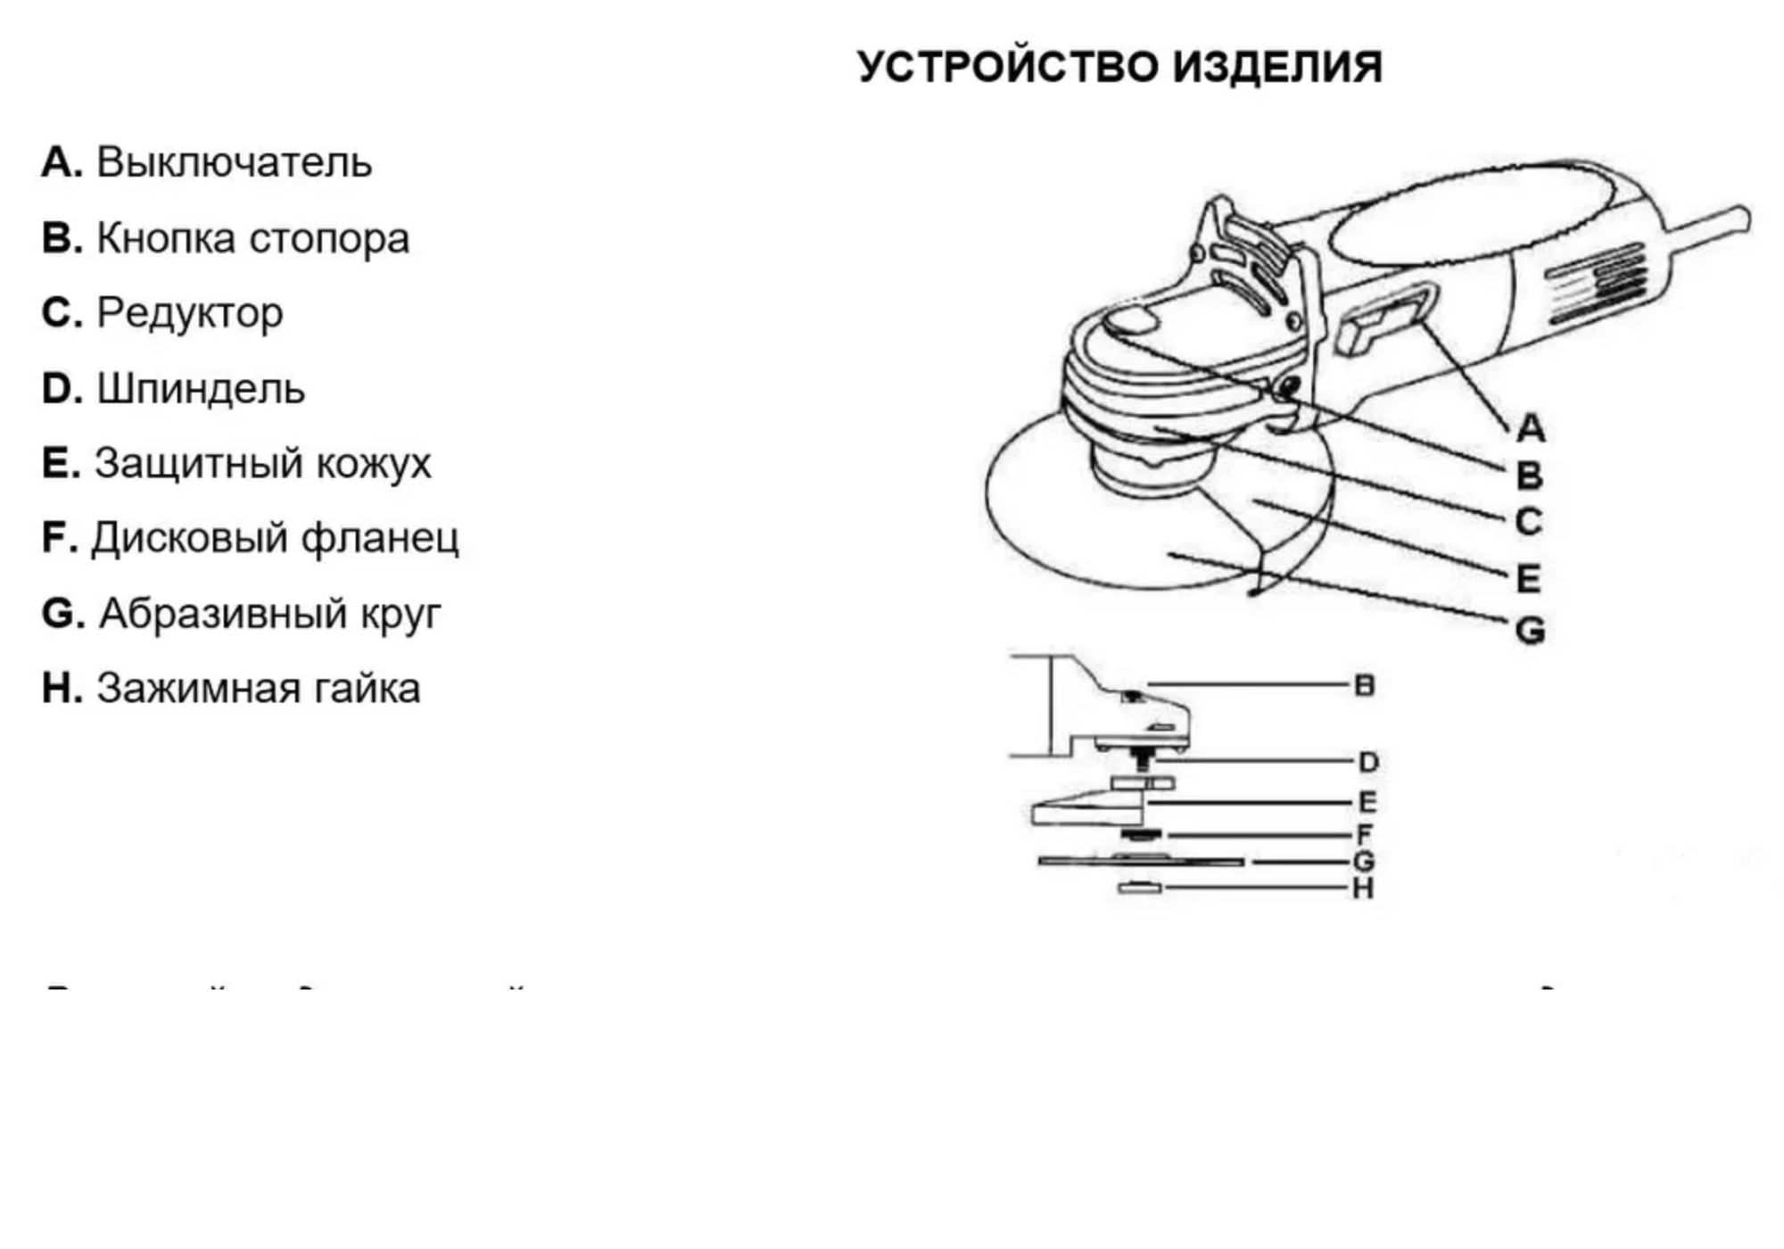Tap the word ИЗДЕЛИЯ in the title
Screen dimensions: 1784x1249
point(1276,68)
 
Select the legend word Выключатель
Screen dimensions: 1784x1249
point(234,163)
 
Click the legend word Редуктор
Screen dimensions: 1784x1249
point(190,313)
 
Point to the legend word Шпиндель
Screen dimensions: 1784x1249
point(201,389)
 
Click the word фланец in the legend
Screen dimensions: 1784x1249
point(380,538)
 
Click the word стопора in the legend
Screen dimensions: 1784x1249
point(328,238)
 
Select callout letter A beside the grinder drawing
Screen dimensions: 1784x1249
point(1530,428)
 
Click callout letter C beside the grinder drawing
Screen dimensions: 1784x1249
point(1528,522)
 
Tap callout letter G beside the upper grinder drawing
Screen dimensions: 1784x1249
point(1530,632)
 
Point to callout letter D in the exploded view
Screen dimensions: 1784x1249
point(1367,763)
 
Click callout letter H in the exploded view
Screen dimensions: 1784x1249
point(1362,889)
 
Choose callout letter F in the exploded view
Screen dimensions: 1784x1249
point(1364,835)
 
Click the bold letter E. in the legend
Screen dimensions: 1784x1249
point(61,464)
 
